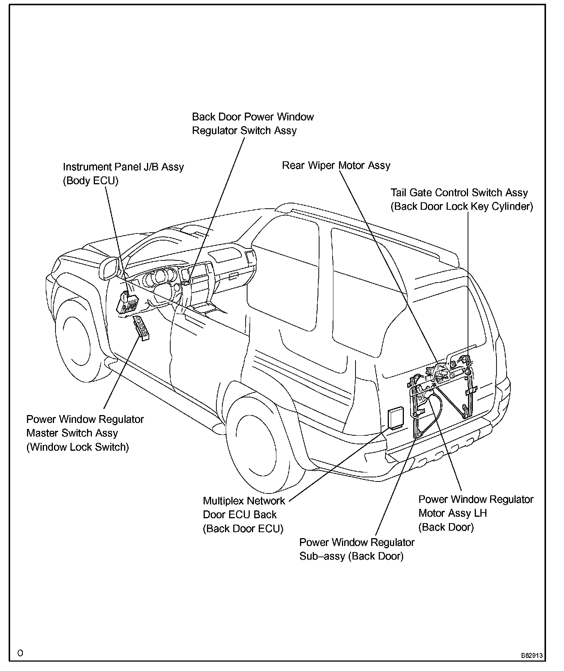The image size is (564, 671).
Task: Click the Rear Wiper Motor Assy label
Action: click(x=336, y=165)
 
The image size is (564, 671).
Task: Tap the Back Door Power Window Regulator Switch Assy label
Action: click(x=252, y=124)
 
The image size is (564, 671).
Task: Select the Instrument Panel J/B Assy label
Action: click(x=123, y=167)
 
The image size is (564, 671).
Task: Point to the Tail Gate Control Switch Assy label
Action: click(x=459, y=193)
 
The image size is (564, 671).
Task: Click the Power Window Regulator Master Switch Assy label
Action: click(x=85, y=426)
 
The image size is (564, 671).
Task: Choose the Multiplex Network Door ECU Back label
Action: click(x=244, y=508)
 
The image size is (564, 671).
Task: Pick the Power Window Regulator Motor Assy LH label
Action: click(x=475, y=506)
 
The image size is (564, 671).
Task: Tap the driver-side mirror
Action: click(x=108, y=268)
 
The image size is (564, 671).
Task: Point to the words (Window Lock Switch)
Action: click(x=78, y=447)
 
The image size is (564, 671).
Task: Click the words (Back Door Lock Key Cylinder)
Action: click(x=462, y=207)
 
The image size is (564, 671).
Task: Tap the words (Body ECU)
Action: click(x=90, y=181)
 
